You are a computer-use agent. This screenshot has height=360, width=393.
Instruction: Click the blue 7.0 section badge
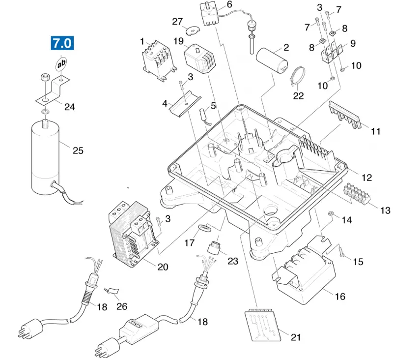pyautogui.click(x=62, y=43)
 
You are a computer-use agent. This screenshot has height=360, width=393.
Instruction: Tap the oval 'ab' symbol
pyautogui.click(x=61, y=64)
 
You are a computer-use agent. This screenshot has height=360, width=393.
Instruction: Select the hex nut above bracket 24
pyautogui.click(x=45, y=78)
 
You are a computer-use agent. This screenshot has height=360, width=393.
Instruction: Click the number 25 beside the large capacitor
pyautogui.click(x=78, y=150)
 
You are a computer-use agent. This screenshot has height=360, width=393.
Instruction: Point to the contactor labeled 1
pyautogui.click(x=159, y=61)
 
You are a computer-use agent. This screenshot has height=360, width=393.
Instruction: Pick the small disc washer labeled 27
pyautogui.click(x=193, y=30)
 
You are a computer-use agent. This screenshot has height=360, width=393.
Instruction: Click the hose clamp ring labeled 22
pyautogui.click(x=297, y=76)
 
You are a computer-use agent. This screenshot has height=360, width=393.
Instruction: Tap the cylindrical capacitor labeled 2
pyautogui.click(x=272, y=60)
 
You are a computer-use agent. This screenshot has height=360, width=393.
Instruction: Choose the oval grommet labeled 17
pyautogui.click(x=205, y=228)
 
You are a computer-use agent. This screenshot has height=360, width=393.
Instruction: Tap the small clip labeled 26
pyautogui.click(x=112, y=291)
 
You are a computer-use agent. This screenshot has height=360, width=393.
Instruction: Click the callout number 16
pyautogui.click(x=340, y=297)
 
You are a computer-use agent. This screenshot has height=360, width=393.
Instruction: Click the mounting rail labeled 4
pyautogui.click(x=185, y=103)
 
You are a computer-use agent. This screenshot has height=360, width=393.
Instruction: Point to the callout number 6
pyautogui.click(x=229, y=4)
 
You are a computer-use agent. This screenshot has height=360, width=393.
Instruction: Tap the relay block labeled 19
pyautogui.click(x=200, y=59)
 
